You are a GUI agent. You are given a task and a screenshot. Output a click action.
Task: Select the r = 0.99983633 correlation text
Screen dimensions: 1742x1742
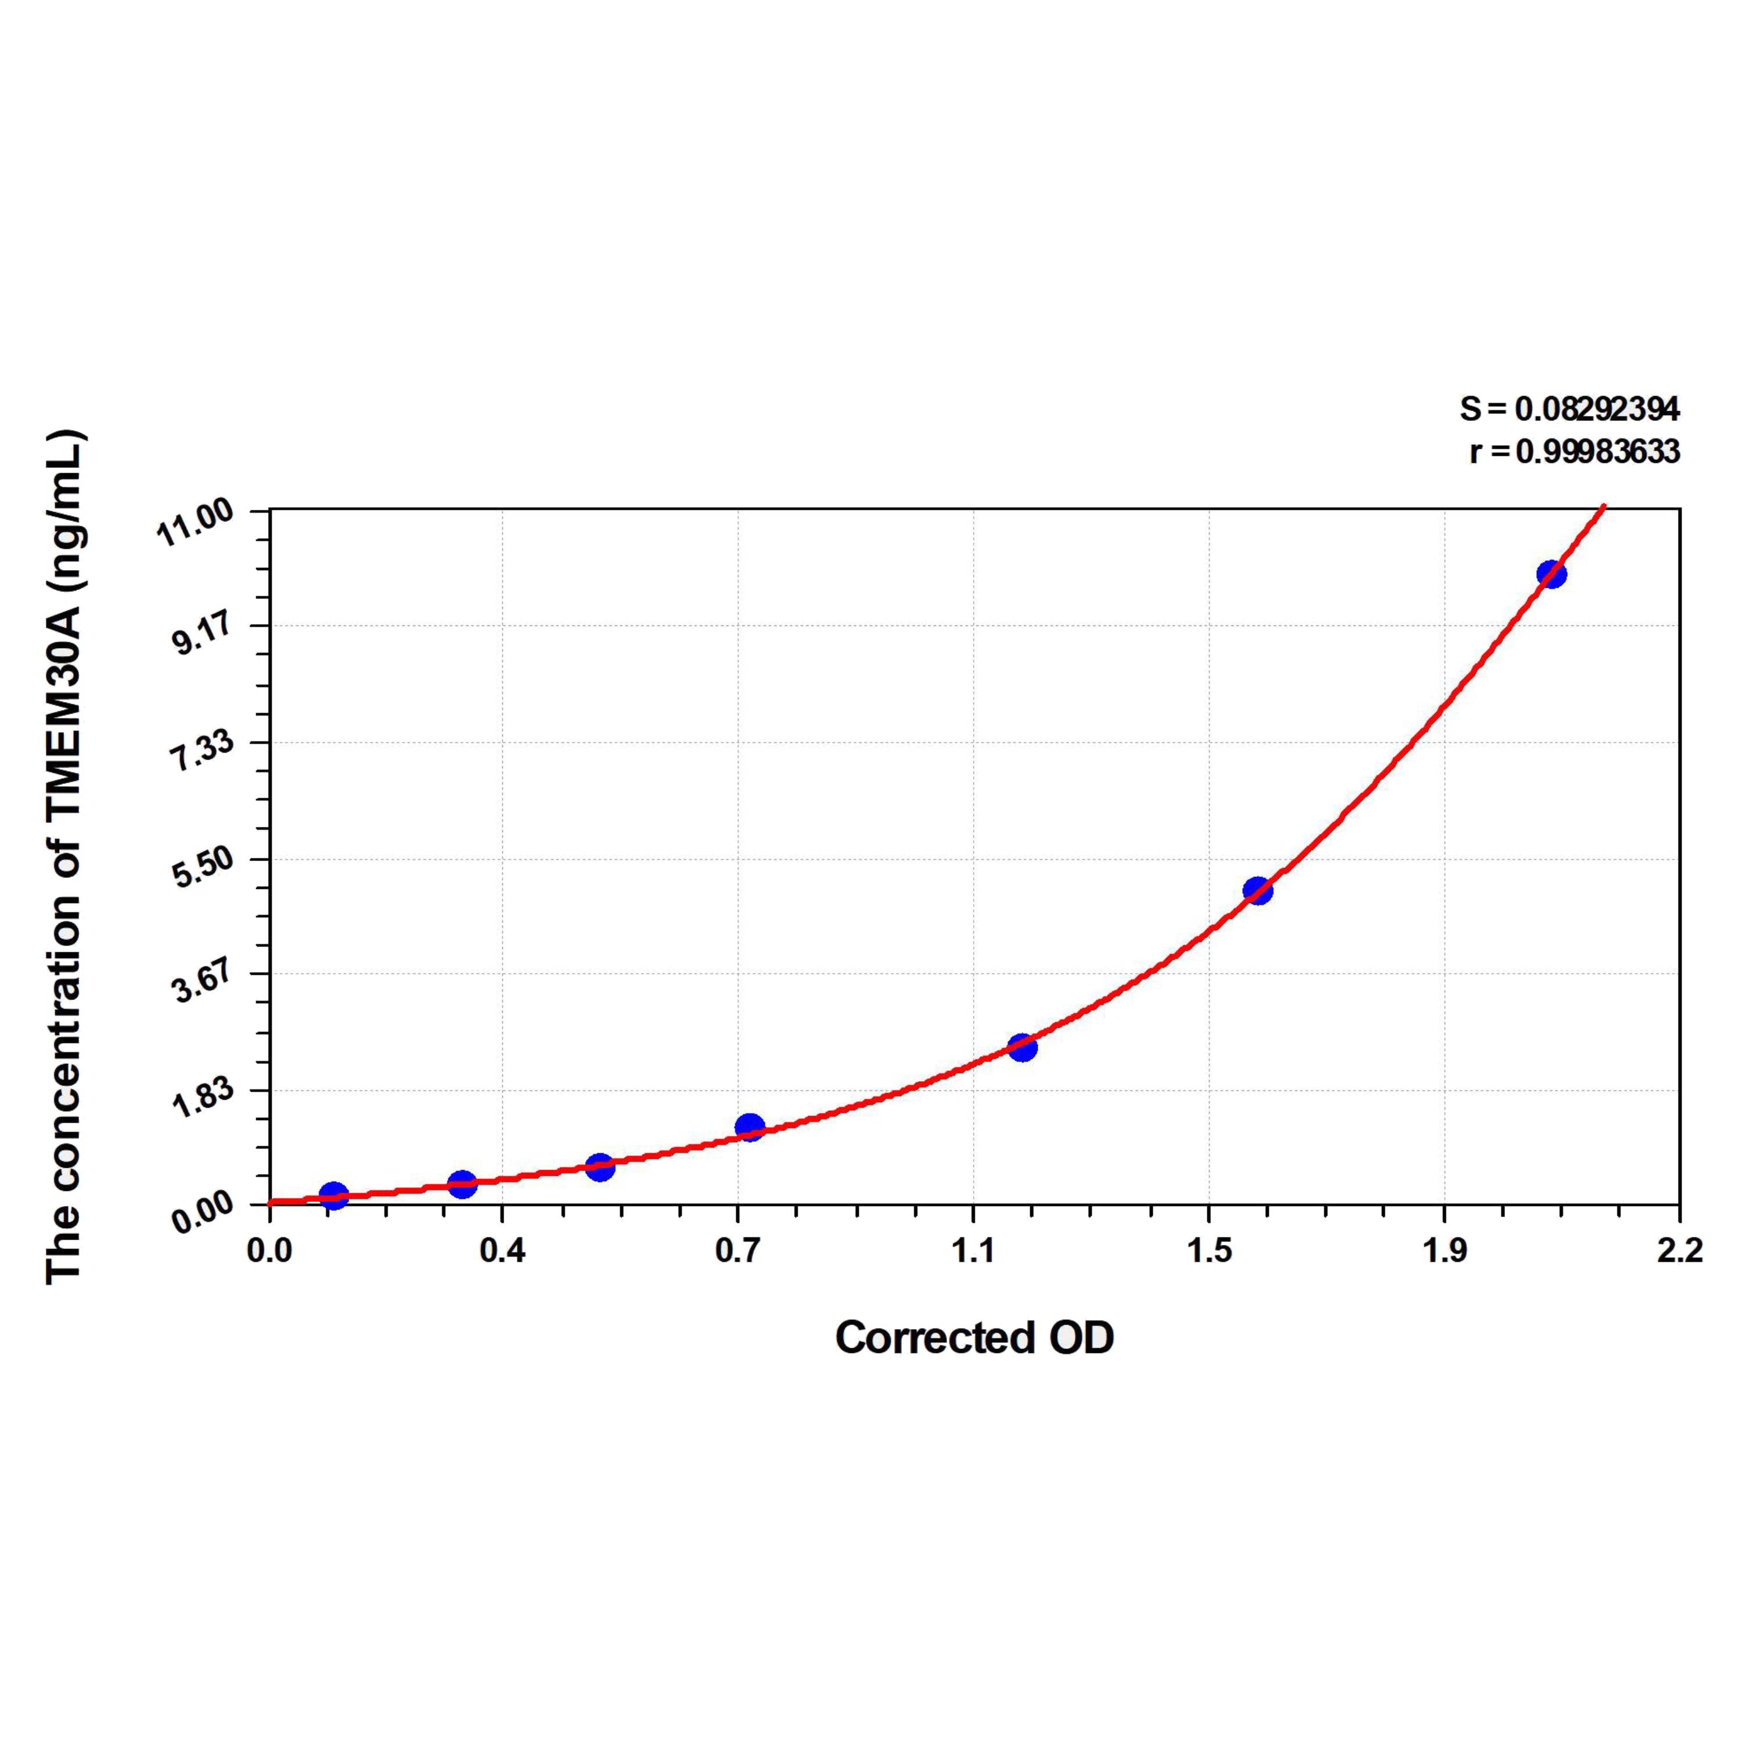click(1574, 451)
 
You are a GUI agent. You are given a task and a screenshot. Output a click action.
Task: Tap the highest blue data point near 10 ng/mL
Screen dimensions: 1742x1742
click(1551, 574)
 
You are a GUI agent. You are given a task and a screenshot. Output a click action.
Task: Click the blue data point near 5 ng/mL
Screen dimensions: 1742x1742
click(1257, 891)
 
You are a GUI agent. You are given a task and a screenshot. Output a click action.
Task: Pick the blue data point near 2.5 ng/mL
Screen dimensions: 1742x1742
click(1021, 1048)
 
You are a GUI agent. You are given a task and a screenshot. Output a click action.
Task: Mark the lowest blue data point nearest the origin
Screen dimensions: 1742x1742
click(334, 1196)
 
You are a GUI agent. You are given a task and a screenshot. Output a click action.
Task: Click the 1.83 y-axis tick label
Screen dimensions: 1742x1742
click(203, 1097)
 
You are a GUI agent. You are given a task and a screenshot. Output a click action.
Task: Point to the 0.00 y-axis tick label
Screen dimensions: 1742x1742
click(203, 1213)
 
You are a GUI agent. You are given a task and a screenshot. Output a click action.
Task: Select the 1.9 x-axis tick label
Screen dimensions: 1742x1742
click(1445, 1251)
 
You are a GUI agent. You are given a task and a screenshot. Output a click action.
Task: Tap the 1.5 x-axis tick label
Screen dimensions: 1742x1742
click(1209, 1251)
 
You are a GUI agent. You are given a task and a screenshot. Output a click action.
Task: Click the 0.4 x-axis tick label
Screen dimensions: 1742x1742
click(502, 1251)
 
